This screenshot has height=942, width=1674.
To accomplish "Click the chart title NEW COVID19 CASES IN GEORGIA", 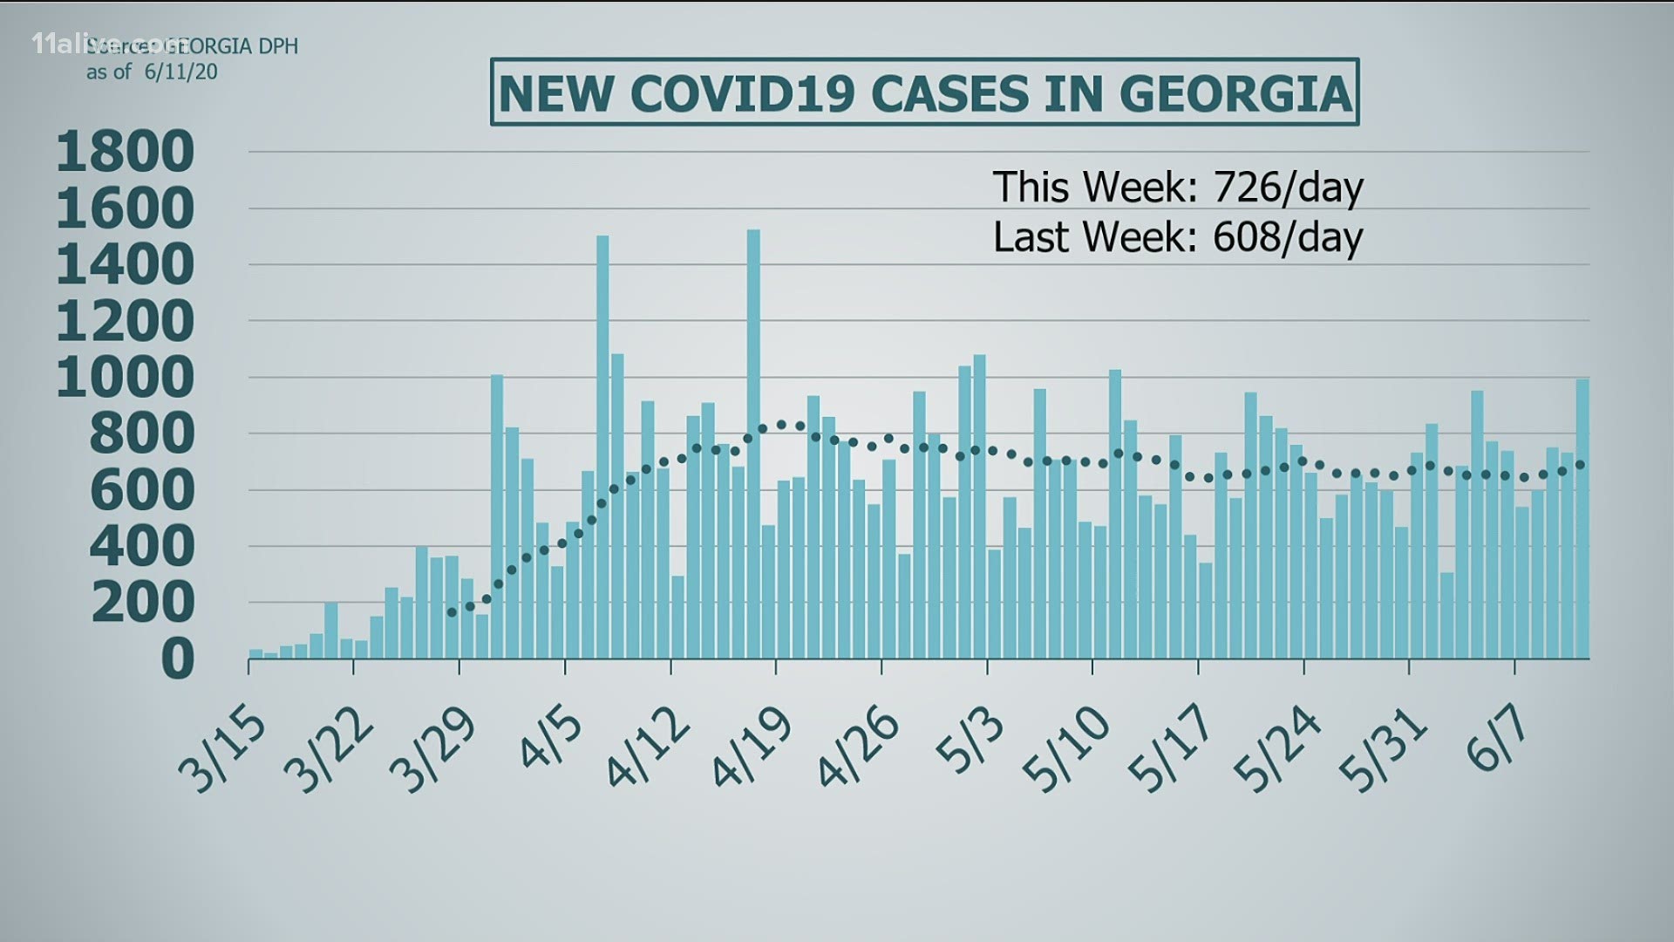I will tap(924, 92).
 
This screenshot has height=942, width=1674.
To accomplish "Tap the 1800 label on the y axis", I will tap(126, 152).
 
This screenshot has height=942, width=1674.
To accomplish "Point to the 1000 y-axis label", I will tap(126, 378).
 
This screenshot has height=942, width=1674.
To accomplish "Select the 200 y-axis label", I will tap(143, 603).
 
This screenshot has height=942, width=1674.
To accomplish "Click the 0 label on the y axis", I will tap(178, 659).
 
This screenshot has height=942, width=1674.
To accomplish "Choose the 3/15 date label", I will tap(223, 750).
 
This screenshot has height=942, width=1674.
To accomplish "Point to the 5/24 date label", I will tap(1278, 748).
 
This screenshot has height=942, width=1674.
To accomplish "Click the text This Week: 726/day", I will tap(1177, 187).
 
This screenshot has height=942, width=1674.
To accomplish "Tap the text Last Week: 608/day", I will tap(1177, 237).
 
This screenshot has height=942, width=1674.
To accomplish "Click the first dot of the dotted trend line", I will tap(452, 613).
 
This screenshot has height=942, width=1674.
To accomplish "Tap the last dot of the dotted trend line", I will tap(1582, 465).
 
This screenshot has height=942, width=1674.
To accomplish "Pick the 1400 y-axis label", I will tap(126, 265).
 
